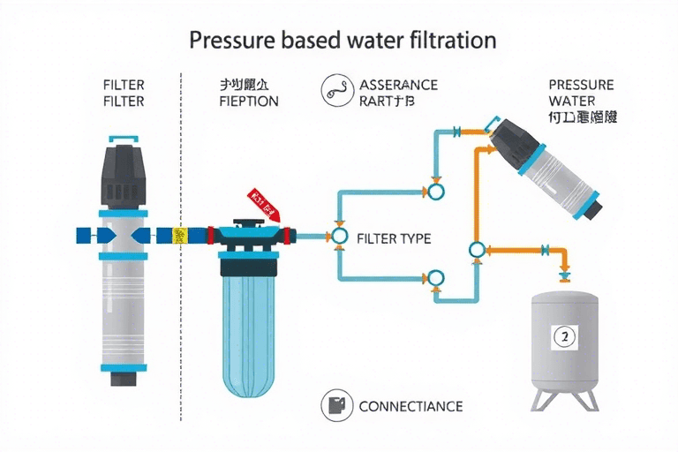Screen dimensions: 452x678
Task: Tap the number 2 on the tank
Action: pyautogui.click(x=562, y=335)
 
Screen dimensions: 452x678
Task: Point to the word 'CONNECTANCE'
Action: pyautogui.click(x=410, y=407)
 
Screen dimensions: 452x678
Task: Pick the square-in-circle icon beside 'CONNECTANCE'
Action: pyautogui.click(x=336, y=405)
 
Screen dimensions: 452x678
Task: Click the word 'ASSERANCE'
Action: pyautogui.click(x=398, y=86)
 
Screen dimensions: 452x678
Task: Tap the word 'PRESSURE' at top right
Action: pyautogui.click(x=580, y=86)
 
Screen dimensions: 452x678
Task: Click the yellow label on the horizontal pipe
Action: pyautogui.click(x=180, y=236)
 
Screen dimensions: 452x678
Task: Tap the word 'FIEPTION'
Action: pyautogui.click(x=248, y=102)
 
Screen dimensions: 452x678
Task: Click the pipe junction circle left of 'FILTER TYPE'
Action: pyautogui.click(x=337, y=237)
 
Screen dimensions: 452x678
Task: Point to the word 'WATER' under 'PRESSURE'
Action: pyautogui.click(x=578, y=102)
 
